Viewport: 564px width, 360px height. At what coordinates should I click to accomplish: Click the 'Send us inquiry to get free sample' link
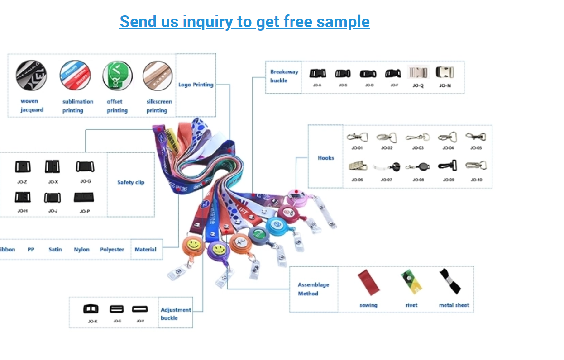point(244,22)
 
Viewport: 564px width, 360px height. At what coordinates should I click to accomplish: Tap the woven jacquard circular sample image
point(31,75)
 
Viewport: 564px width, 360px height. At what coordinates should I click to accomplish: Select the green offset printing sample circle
point(117,76)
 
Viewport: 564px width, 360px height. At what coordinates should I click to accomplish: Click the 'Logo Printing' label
point(196,85)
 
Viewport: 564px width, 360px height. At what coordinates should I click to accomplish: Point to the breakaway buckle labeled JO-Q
point(418,72)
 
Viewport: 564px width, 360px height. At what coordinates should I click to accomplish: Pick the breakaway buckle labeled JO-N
point(445,72)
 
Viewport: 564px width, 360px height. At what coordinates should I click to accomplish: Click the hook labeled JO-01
point(357,137)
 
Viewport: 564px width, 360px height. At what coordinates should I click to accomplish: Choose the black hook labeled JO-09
point(448,166)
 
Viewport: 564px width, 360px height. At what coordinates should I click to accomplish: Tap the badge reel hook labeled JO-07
point(387,167)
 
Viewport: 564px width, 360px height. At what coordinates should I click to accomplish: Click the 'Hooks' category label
point(325,158)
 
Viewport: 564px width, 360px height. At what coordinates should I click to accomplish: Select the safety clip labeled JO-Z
point(23,167)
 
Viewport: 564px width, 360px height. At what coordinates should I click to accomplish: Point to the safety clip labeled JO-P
point(84,198)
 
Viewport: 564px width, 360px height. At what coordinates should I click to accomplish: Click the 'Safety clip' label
point(131,182)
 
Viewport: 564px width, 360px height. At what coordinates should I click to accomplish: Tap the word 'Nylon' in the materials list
point(82,249)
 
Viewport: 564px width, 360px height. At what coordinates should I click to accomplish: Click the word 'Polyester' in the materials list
point(112,249)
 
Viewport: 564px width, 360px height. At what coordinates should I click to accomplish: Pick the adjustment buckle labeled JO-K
point(91,309)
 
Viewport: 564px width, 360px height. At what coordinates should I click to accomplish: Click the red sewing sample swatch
point(368,282)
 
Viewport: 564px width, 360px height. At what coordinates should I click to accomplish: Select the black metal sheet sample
point(450,281)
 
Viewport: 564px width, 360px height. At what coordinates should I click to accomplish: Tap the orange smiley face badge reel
point(193,245)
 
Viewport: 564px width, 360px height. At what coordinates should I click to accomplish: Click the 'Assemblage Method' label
point(313,289)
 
